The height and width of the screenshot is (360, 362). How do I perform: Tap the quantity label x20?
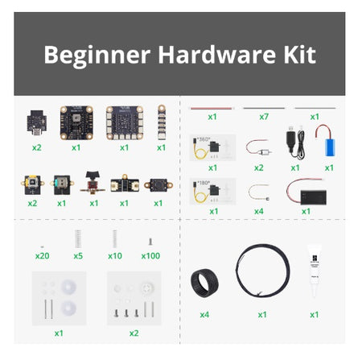coord(42,255)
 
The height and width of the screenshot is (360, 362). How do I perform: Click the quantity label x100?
coord(150,255)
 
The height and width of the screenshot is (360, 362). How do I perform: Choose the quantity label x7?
coord(264,117)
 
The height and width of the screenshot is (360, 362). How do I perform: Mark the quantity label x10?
coord(114,255)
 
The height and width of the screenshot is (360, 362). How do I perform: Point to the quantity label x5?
coord(78,255)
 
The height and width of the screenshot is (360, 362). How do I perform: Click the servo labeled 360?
coord(212,147)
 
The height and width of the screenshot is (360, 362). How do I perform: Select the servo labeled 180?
coord(212,191)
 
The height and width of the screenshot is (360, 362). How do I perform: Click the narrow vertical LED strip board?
coord(162,121)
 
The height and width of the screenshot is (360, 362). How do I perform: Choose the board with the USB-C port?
coord(37,122)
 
